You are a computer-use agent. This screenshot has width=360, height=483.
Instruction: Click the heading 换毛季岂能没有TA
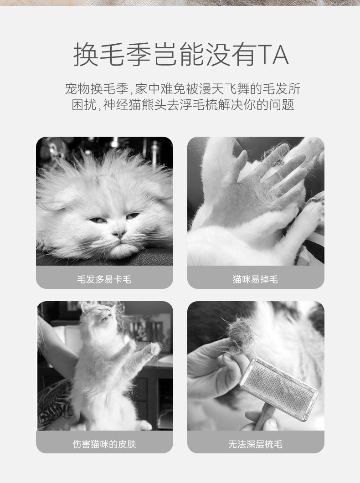pyautogui.click(x=180, y=55)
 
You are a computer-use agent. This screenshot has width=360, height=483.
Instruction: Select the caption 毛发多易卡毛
pyautogui.click(x=104, y=279)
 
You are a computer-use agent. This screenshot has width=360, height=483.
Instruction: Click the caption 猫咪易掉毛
pyautogui.click(x=255, y=279)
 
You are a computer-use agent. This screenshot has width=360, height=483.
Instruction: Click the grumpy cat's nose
pyautogui.click(x=119, y=234)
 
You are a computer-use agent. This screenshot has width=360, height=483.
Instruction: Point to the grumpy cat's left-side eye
pyautogui.click(x=98, y=220)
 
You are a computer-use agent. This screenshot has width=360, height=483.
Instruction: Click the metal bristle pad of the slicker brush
pyautogui.click(x=278, y=388)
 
